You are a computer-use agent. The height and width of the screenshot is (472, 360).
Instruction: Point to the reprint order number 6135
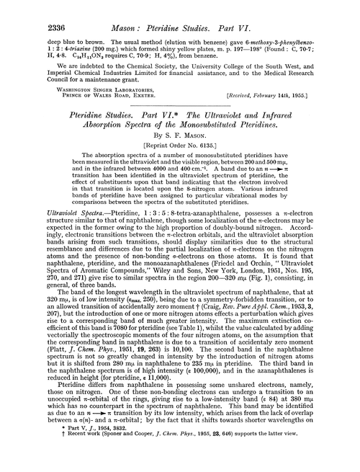[x=210, y=164]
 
